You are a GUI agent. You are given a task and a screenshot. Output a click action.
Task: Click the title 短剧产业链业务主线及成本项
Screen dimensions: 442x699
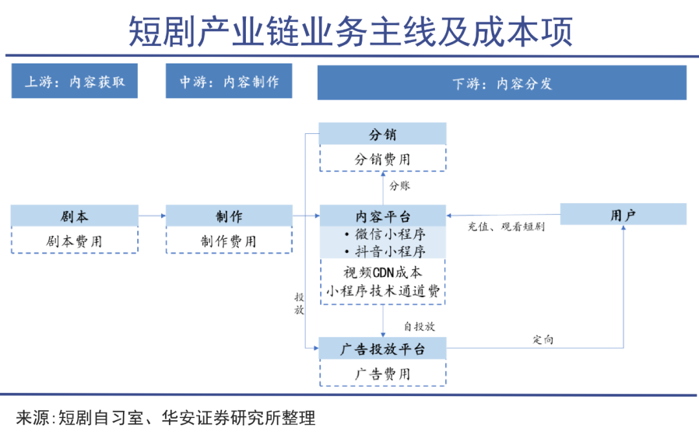pyautogui.click(x=350, y=32)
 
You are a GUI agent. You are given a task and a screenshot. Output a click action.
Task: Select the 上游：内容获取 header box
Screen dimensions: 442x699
pyautogui.click(x=74, y=82)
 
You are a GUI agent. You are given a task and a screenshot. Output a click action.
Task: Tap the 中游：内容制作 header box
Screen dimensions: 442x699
pyautogui.click(x=228, y=82)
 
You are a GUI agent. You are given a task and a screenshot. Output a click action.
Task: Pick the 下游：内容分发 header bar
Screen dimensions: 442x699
pyautogui.click(x=502, y=83)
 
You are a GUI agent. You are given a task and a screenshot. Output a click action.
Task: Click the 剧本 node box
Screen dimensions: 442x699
pyautogui.click(x=74, y=216)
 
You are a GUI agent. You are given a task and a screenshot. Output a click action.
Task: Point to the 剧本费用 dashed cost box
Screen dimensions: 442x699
pyautogui.click(x=74, y=241)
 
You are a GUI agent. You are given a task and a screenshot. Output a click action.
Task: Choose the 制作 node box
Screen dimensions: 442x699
pyautogui.click(x=228, y=216)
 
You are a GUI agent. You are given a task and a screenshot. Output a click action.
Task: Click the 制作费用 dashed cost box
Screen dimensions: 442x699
pyautogui.click(x=228, y=241)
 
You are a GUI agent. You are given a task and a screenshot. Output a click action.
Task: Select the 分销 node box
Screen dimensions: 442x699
pyautogui.click(x=383, y=135)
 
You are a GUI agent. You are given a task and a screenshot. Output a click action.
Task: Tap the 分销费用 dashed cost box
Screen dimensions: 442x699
pyautogui.click(x=383, y=159)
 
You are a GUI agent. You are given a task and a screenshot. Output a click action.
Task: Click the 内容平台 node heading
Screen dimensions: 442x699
pyautogui.click(x=383, y=216)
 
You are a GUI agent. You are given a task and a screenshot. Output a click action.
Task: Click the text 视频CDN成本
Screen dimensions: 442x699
pyautogui.click(x=383, y=272)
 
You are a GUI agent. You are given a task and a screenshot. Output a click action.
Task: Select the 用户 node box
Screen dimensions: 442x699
pyautogui.click(x=623, y=215)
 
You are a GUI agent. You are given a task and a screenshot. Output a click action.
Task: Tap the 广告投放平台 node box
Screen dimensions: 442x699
pyautogui.click(x=383, y=349)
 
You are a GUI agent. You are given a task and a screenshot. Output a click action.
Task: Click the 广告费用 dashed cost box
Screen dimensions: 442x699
pyautogui.click(x=383, y=374)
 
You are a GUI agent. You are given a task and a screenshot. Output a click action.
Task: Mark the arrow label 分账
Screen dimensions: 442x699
pyautogui.click(x=399, y=186)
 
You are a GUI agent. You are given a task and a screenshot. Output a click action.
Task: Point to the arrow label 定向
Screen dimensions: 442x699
pyautogui.click(x=544, y=339)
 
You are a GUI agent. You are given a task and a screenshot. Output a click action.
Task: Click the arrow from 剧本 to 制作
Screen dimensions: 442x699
pyautogui.click(x=152, y=216)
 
